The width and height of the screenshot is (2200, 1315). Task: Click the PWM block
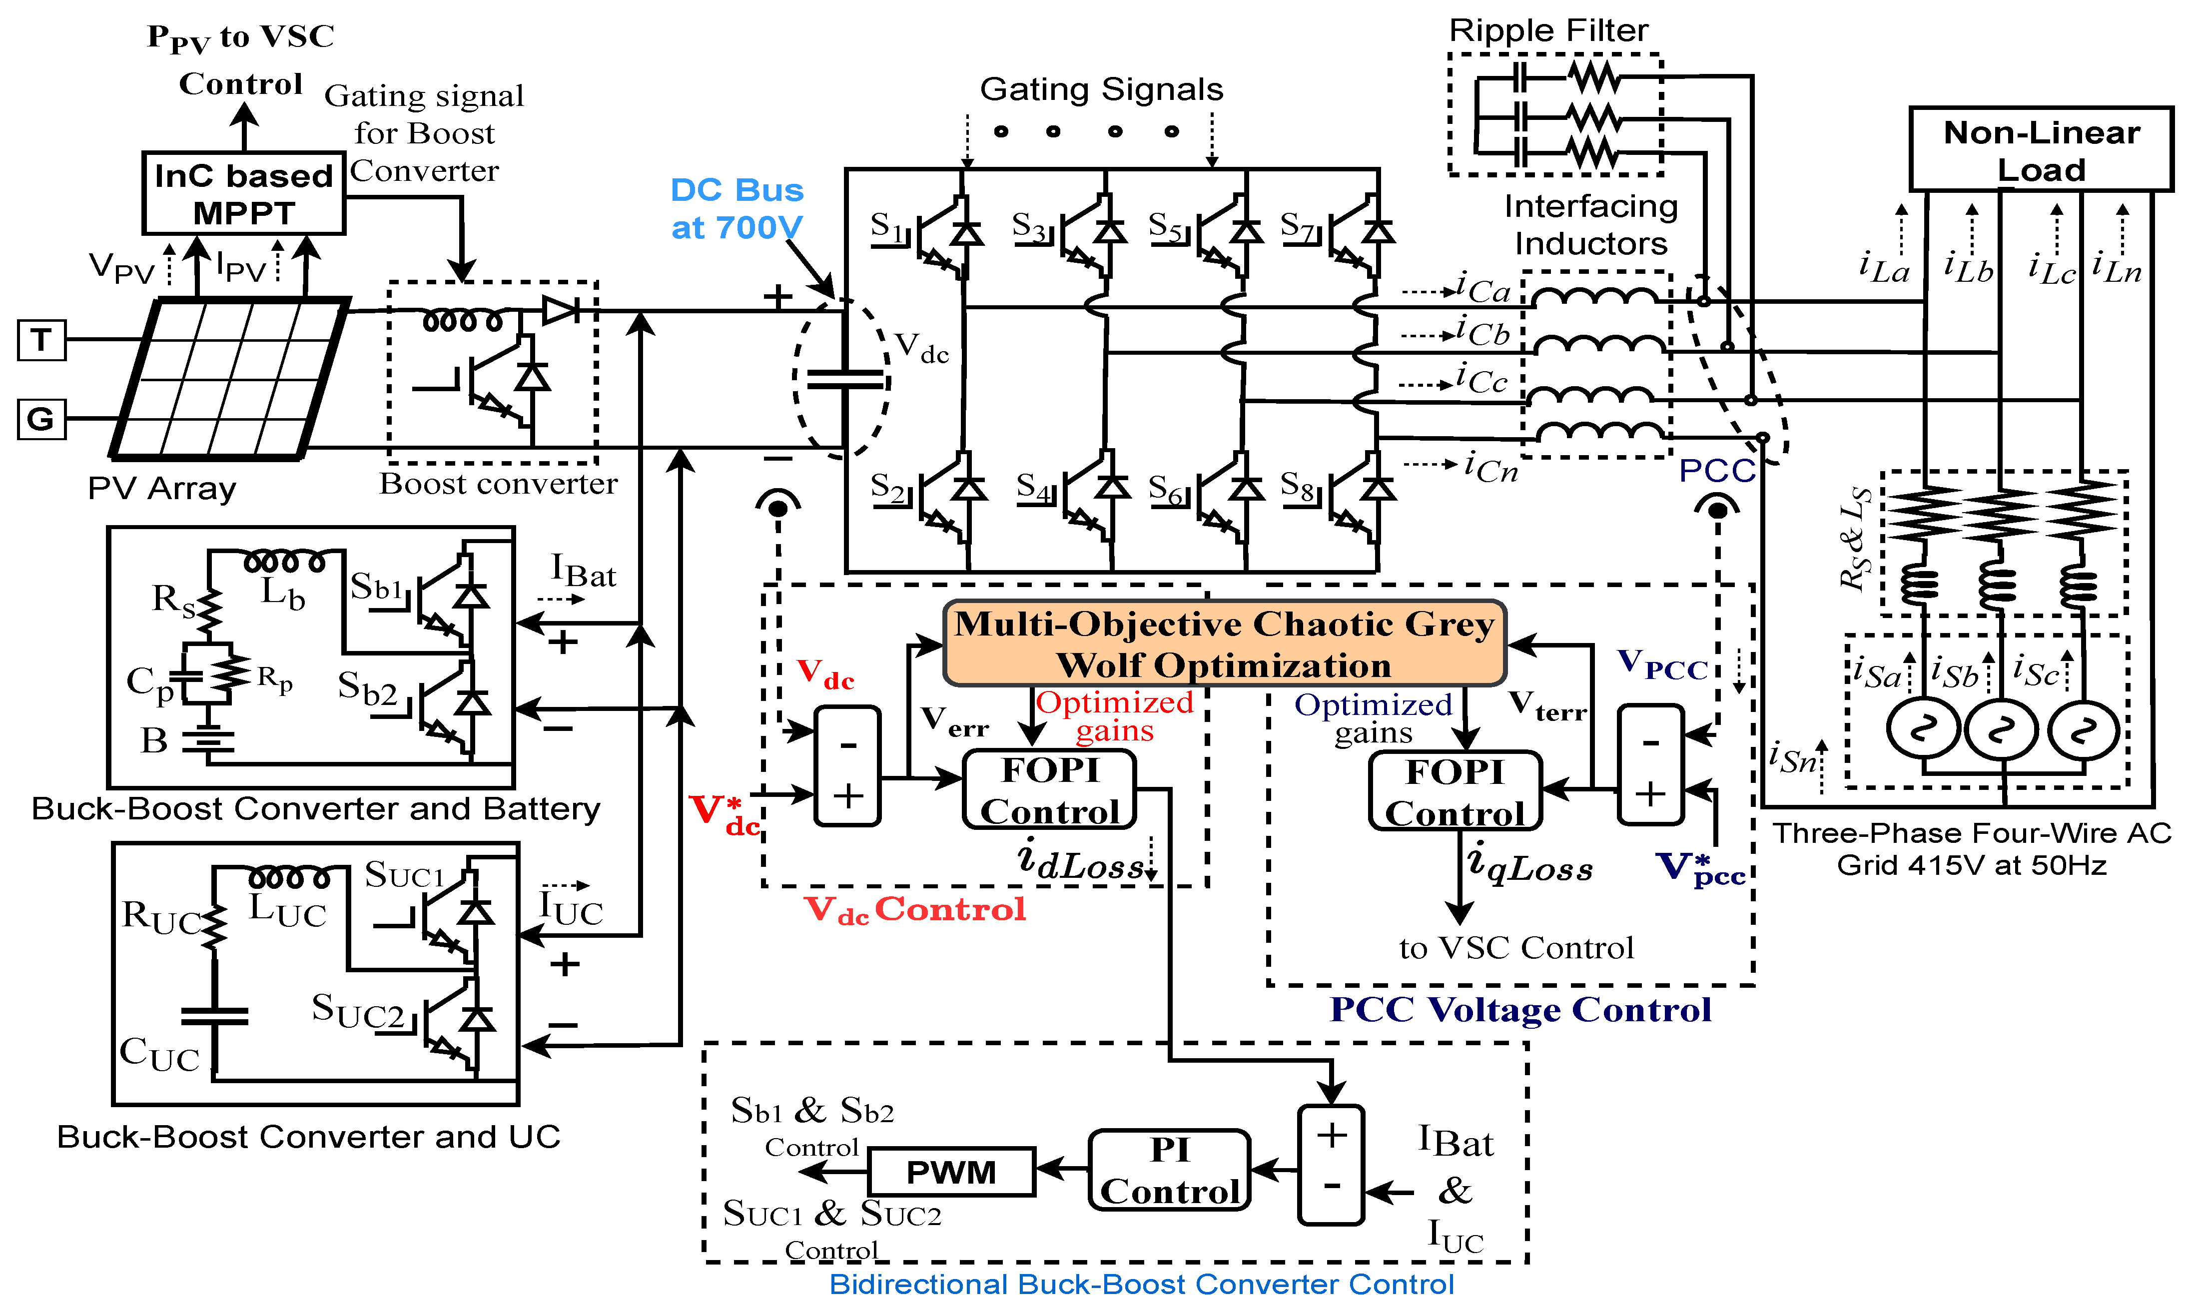click(x=951, y=1172)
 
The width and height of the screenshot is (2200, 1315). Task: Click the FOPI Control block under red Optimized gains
click(x=1049, y=789)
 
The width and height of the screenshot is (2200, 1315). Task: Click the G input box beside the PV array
click(x=41, y=418)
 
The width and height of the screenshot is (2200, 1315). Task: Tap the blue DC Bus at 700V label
click(x=736, y=208)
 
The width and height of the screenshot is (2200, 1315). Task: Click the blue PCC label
click(x=1716, y=471)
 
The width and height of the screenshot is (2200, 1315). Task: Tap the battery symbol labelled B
click(x=209, y=741)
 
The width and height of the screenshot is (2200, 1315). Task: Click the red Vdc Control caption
click(x=914, y=909)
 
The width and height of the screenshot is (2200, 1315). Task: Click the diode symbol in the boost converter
click(x=560, y=310)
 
